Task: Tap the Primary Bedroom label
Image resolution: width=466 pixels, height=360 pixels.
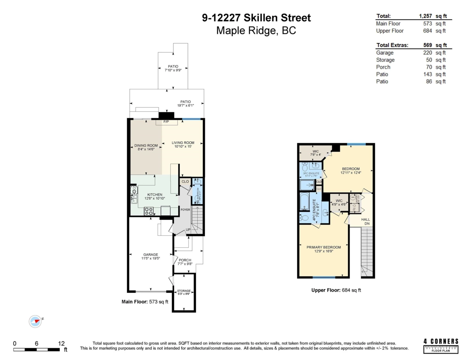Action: (x=323, y=247)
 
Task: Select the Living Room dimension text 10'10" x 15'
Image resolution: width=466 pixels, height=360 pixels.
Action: (x=183, y=146)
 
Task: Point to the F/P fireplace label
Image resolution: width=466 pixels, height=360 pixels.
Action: (x=166, y=122)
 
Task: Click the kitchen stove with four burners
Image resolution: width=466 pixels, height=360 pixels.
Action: (x=149, y=211)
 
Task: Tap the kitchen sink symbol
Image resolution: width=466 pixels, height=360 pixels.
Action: (x=134, y=199)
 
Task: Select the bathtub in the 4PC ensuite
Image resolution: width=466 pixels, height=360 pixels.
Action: (x=304, y=201)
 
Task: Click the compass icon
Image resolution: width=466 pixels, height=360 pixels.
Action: (x=35, y=321)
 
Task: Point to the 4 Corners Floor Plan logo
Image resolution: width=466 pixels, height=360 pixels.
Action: (x=441, y=345)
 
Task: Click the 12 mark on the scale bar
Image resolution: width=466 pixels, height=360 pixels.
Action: (x=61, y=343)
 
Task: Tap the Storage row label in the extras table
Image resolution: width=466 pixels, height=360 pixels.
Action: (x=385, y=60)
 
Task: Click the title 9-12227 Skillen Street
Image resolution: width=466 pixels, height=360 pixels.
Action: (x=256, y=18)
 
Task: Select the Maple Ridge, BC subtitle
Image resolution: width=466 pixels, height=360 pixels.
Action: (x=256, y=31)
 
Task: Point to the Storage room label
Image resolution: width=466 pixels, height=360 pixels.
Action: (x=184, y=290)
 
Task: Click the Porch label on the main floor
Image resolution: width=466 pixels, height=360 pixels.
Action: (x=185, y=260)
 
